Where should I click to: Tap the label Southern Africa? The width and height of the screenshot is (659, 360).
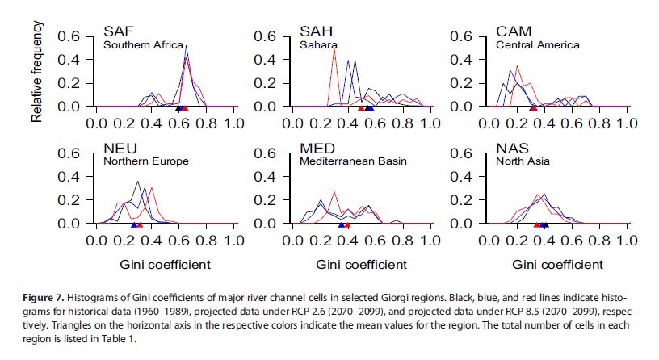tap(144, 45)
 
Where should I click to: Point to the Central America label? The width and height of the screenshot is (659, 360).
tap(538, 45)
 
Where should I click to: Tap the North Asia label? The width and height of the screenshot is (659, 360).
tap(523, 161)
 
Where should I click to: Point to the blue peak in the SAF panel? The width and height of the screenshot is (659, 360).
tap(187, 47)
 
